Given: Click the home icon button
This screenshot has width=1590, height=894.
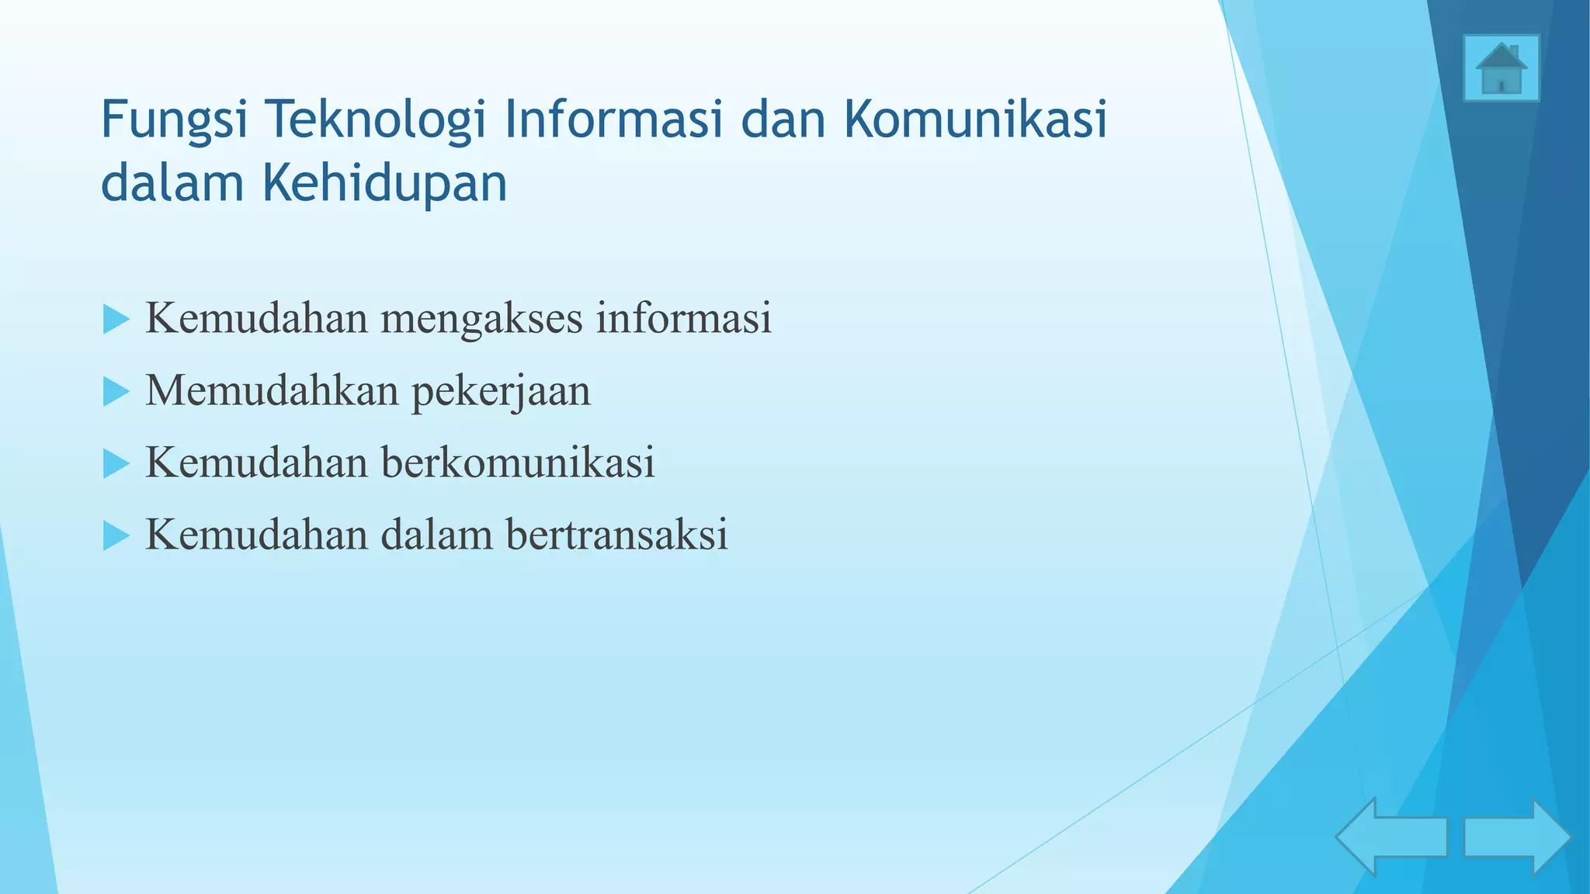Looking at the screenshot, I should pyautogui.click(x=1501, y=68).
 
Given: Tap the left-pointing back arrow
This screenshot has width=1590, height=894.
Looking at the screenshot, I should pyautogui.click(x=1390, y=837).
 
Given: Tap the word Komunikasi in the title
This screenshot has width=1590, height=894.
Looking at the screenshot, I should pyautogui.click(x=975, y=120).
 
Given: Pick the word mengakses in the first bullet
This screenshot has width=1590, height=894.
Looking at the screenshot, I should pyautogui.click(x=481, y=319).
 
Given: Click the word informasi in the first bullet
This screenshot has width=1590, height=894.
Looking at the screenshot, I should pyautogui.click(x=683, y=318).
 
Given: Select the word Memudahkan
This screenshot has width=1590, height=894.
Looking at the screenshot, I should pyautogui.click(x=272, y=390).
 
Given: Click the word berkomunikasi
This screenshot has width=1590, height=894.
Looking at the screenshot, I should pyautogui.click(x=518, y=463).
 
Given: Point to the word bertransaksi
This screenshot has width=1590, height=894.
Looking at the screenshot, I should pyautogui.click(x=616, y=535).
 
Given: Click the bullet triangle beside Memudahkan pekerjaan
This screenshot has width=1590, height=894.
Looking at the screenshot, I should pyautogui.click(x=116, y=392).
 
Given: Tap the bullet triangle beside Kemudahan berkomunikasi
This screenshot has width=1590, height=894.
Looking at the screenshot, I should pyautogui.click(x=116, y=464).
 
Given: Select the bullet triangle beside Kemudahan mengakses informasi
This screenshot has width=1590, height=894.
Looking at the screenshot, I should pyautogui.click(x=116, y=320).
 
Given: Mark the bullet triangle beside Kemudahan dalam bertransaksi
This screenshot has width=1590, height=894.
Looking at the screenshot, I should pyautogui.click(x=116, y=536).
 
